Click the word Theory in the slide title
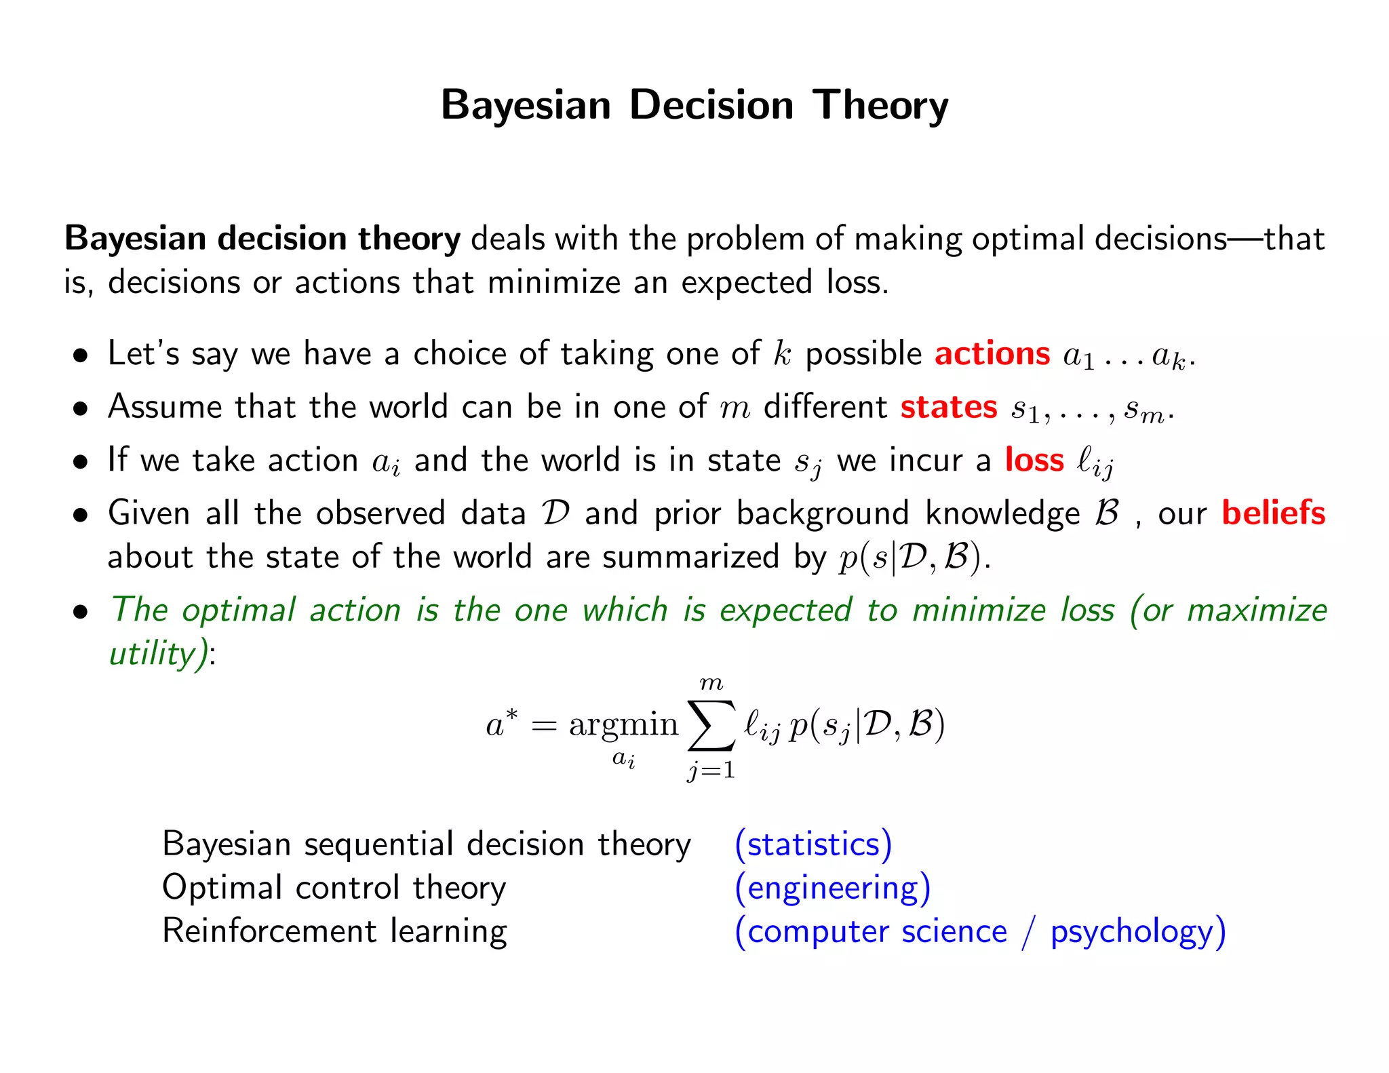(x=880, y=106)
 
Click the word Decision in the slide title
(x=711, y=106)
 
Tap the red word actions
(x=992, y=354)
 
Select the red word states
(x=948, y=407)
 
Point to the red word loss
(x=1034, y=460)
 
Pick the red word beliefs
(x=1273, y=513)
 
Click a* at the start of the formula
(x=502, y=723)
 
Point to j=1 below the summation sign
(x=711, y=770)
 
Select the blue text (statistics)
(x=813, y=844)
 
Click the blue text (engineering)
(x=832, y=888)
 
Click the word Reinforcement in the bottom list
(x=269, y=931)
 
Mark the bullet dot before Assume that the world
(x=81, y=409)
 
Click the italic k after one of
(x=782, y=354)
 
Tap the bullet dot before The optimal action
(x=81, y=612)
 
